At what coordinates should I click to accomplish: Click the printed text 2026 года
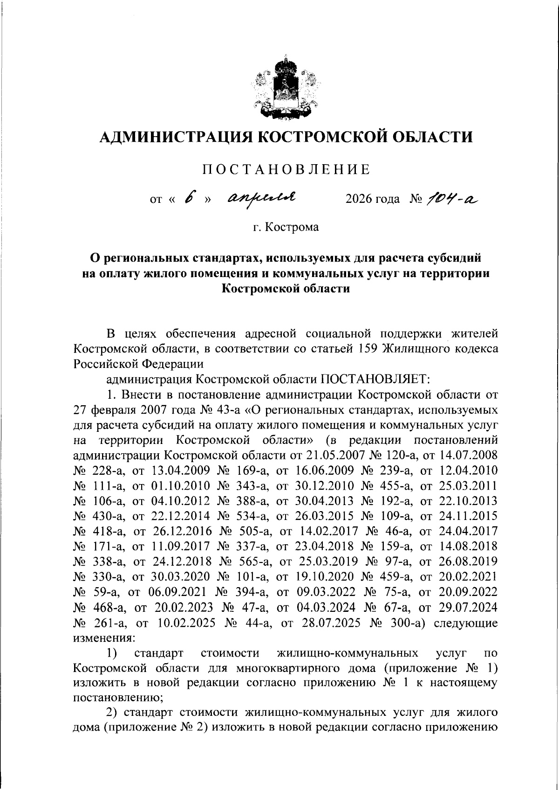point(372,200)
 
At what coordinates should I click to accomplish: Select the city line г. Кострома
point(286,227)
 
